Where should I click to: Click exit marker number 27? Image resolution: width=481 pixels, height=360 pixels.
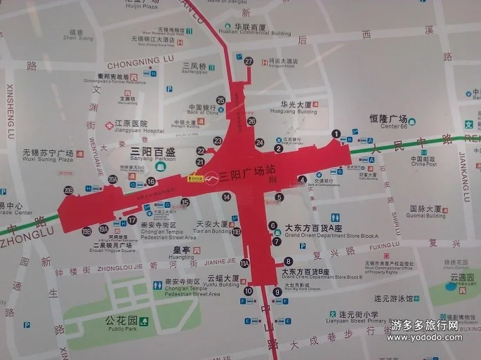pyautogui.click(x=249, y=61)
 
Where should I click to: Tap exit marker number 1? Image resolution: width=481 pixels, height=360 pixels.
pyautogui.click(x=336, y=133)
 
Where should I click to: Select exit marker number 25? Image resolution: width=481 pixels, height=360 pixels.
pyautogui.click(x=220, y=100)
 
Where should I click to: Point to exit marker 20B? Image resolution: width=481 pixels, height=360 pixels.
pyautogui.click(x=68, y=190)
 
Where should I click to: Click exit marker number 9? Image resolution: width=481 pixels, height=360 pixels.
pyautogui.click(x=277, y=302)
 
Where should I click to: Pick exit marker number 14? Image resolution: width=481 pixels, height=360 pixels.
pyautogui.click(x=227, y=197)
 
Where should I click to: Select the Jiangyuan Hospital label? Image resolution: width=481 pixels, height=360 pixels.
pyautogui.click(x=134, y=131)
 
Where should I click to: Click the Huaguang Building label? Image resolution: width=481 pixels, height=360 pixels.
pyautogui.click(x=294, y=111)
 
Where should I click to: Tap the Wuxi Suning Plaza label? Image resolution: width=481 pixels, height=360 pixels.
pyautogui.click(x=48, y=160)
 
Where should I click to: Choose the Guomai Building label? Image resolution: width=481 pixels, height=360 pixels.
pyautogui.click(x=426, y=216)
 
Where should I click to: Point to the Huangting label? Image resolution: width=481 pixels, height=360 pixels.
pyautogui.click(x=181, y=257)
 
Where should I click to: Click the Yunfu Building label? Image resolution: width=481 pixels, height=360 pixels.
pyautogui.click(x=223, y=286)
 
